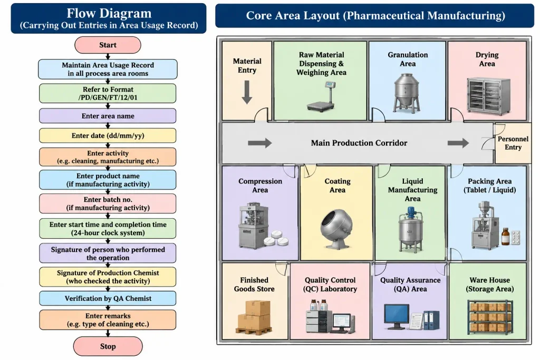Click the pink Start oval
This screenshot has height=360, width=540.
[108, 45]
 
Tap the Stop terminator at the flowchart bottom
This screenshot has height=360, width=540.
[108, 346]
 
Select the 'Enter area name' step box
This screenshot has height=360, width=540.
[108, 116]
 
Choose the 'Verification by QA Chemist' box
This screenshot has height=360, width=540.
[108, 298]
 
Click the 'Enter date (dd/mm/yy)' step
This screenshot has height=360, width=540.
[108, 135]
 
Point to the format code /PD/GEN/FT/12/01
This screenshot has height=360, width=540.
[108, 98]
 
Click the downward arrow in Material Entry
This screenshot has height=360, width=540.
[247, 92]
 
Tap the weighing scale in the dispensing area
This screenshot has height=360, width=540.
[321, 96]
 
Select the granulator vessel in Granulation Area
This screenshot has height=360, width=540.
[407, 93]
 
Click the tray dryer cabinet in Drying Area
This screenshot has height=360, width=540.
[488, 96]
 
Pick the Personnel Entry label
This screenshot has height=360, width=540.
[513, 143]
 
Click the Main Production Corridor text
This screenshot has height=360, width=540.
[359, 143]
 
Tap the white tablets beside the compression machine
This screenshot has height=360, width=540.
[276, 239]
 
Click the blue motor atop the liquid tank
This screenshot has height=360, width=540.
[410, 212]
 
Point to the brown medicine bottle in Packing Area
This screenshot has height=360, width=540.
[505, 237]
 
